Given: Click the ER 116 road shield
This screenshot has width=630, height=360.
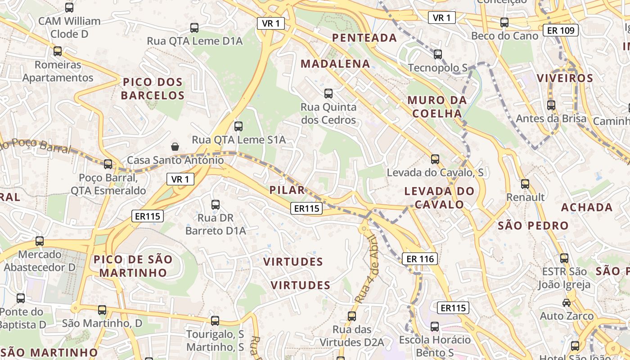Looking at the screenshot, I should (x=420, y=259).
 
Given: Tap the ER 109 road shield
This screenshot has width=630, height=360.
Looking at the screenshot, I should (x=560, y=30).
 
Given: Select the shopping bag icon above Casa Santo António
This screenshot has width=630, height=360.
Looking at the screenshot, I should (x=175, y=146).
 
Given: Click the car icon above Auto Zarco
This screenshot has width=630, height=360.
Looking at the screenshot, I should (x=567, y=302).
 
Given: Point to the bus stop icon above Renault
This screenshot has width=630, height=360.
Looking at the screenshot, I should (x=525, y=184).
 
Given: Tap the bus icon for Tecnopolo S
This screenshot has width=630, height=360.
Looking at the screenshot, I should (x=438, y=54).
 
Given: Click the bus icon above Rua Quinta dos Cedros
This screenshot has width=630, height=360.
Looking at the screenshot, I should (x=328, y=94).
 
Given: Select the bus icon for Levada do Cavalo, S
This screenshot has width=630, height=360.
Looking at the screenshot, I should (x=435, y=159).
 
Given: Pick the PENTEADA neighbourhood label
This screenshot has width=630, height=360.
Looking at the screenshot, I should (x=364, y=38).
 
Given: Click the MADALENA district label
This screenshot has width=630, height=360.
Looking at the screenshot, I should (x=335, y=63).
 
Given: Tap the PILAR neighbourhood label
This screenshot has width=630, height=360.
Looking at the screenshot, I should (x=287, y=190).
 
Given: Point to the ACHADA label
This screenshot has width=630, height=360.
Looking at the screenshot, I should (x=587, y=207).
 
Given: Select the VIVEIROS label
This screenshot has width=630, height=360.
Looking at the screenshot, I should (x=565, y=78).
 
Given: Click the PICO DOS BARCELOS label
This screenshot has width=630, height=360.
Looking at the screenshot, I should (x=153, y=89).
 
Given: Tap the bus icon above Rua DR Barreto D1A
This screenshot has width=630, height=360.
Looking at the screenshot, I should (x=216, y=204).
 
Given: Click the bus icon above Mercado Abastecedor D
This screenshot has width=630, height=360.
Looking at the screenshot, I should (x=40, y=241).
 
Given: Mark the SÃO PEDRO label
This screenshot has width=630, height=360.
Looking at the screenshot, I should (x=533, y=225).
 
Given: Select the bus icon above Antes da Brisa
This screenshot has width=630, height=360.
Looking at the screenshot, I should (x=551, y=105).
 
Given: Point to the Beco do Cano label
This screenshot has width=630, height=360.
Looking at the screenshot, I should (x=504, y=36).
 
